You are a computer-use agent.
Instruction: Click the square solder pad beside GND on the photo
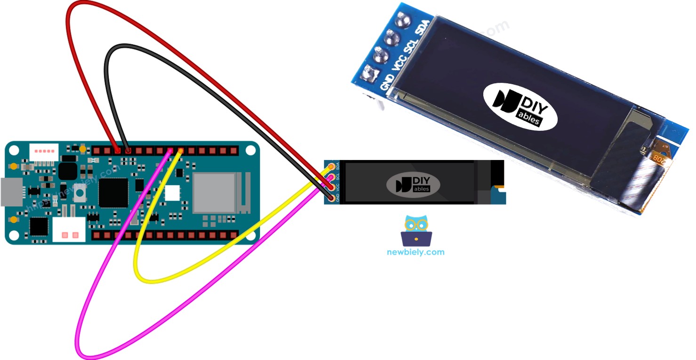tap(367, 74)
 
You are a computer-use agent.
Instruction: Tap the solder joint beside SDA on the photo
tap(403, 19)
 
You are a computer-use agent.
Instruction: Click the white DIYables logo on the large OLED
tap(520, 106)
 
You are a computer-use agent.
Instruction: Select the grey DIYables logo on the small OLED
tap(413, 184)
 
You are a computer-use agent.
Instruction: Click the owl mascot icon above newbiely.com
tap(416, 231)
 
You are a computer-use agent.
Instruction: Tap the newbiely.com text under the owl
tap(416, 252)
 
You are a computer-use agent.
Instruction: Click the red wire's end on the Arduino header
tap(117, 151)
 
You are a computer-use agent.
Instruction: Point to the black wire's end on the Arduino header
tap(128, 151)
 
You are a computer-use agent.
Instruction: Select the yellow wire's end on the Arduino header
tap(180, 151)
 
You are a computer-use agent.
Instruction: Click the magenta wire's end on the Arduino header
tap(170, 151)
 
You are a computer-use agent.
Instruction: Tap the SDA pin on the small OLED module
tap(332, 167)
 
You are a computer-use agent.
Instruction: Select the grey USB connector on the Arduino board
tap(8, 192)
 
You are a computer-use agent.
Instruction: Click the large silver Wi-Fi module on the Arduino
tap(214, 192)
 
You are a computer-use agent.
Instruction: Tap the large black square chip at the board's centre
tap(113, 192)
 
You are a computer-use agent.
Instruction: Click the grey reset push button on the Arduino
tap(81, 195)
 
